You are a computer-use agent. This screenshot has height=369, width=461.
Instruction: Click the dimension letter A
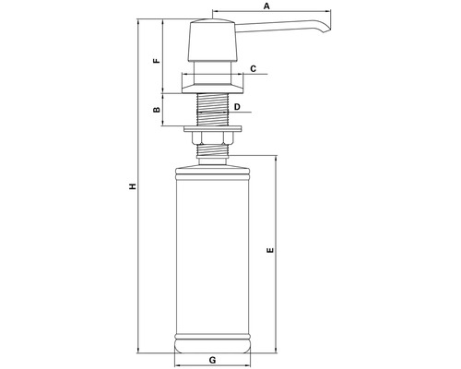266,6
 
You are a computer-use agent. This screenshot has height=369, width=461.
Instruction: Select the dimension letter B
157,109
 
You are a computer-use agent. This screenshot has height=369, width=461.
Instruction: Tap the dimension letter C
253,68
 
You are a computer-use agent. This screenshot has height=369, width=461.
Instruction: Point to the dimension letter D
237,107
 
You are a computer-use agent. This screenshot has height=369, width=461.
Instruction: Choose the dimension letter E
270,250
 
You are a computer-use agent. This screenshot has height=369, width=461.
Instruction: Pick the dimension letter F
157,60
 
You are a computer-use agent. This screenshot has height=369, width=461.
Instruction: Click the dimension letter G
212,360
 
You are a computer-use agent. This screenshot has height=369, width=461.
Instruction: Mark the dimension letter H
133,186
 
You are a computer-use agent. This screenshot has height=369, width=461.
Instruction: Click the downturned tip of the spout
326,30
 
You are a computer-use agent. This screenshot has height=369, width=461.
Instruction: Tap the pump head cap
213,40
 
